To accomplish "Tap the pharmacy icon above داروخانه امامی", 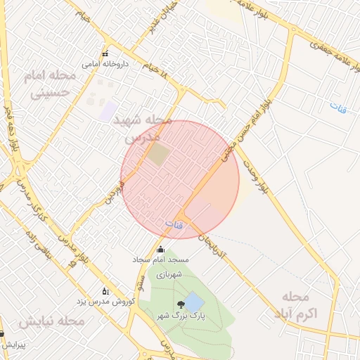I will pyautogui.click(x=105, y=54).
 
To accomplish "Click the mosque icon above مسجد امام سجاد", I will pyautogui.click(x=160, y=249).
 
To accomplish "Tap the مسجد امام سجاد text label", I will pyautogui.click(x=161, y=259).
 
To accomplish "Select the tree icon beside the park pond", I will pyautogui.click(x=181, y=304).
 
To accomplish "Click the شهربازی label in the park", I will pyautogui.click(x=169, y=274).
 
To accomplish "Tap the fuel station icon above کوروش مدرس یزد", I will pyautogui.click(x=105, y=290).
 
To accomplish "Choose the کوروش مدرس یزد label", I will pyautogui.click(x=105, y=301).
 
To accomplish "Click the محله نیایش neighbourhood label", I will pyautogui.click(x=52, y=321).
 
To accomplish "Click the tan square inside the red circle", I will pyautogui.click(x=158, y=154).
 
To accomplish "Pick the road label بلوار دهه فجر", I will pyautogui.click(x=11, y=130).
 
